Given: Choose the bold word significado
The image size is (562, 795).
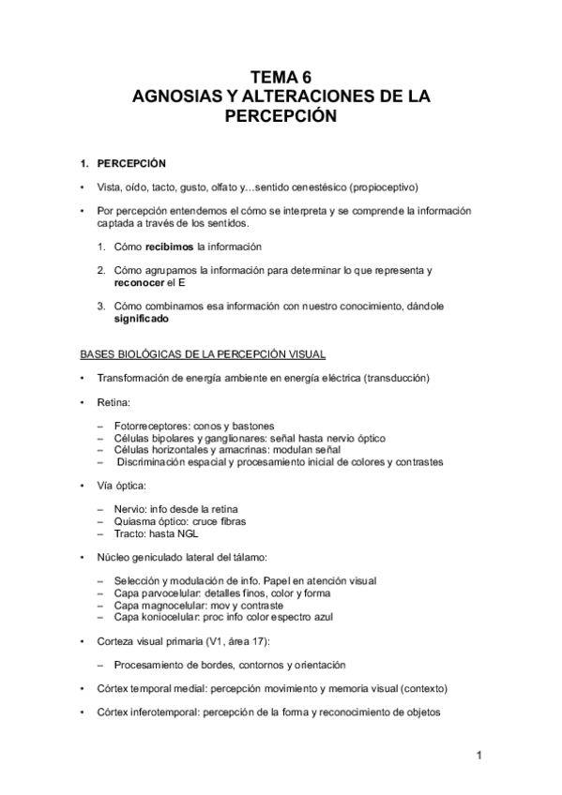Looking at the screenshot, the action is pos(142,319).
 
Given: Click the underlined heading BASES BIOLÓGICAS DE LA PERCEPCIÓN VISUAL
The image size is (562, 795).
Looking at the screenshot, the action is pos(203,354).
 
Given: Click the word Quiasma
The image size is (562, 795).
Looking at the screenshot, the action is pos(135,520).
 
